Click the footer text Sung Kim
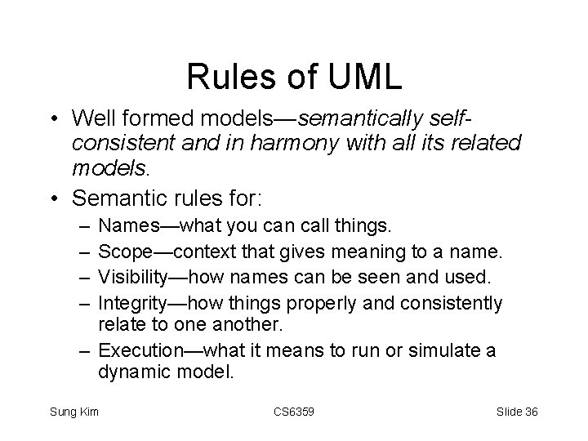pos(75,411)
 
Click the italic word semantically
pos(356,119)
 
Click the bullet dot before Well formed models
pos(51,119)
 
